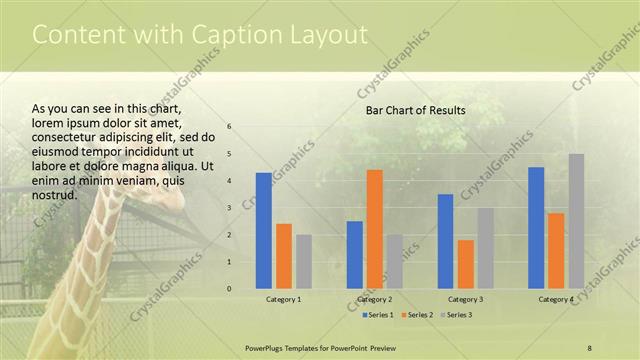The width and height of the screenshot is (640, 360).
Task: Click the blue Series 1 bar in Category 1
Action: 264,231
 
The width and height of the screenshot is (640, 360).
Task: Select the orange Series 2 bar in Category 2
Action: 375,229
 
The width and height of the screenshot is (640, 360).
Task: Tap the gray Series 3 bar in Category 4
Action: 576,221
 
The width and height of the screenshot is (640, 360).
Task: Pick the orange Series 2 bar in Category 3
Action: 466,264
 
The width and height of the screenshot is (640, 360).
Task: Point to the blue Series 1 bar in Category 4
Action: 536,228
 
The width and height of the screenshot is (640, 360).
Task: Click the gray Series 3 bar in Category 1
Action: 304,262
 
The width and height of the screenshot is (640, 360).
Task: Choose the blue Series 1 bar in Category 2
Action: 355,255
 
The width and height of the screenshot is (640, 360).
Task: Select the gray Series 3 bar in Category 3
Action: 486,248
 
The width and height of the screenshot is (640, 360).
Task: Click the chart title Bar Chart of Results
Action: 415,110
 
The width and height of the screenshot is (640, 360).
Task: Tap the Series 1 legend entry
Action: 379,315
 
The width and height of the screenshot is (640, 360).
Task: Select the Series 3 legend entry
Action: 456,315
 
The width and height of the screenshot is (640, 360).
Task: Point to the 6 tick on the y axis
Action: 230,127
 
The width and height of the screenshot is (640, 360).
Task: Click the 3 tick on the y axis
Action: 230,208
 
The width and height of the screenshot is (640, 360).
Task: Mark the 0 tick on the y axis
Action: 230,289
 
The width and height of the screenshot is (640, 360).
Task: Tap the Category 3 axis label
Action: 466,299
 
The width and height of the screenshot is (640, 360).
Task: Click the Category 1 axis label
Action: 284,299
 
